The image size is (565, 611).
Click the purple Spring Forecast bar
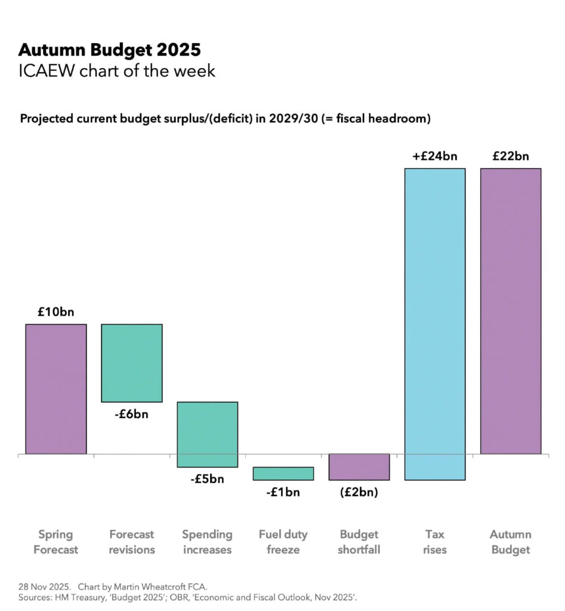[55, 388]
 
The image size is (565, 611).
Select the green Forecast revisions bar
[131, 363]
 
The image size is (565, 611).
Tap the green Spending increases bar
[207, 434]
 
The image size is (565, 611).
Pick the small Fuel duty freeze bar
[283, 473]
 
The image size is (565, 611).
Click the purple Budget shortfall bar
[359, 467]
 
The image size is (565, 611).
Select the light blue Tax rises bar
[434, 324]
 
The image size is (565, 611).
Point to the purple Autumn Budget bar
[510, 311]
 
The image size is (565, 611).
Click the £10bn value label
[55, 311]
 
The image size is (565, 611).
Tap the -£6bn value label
[131, 414]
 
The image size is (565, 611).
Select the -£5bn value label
[207, 479]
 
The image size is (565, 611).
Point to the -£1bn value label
[283, 492]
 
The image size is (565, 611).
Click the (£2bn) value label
[359, 492]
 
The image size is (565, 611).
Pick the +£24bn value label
[434, 156]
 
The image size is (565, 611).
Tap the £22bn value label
[510, 156]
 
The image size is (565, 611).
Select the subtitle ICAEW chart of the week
[117, 71]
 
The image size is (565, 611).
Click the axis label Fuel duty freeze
[283, 542]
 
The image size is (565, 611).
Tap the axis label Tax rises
[434, 542]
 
